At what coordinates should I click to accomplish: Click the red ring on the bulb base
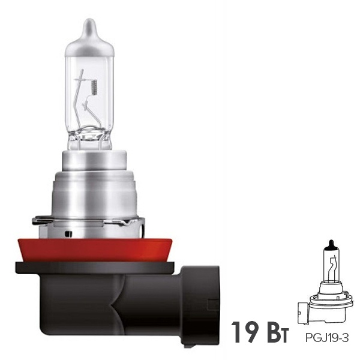[95, 250]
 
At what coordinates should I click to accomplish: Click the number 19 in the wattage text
[245, 332]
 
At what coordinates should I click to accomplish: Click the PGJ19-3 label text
[327, 338]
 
